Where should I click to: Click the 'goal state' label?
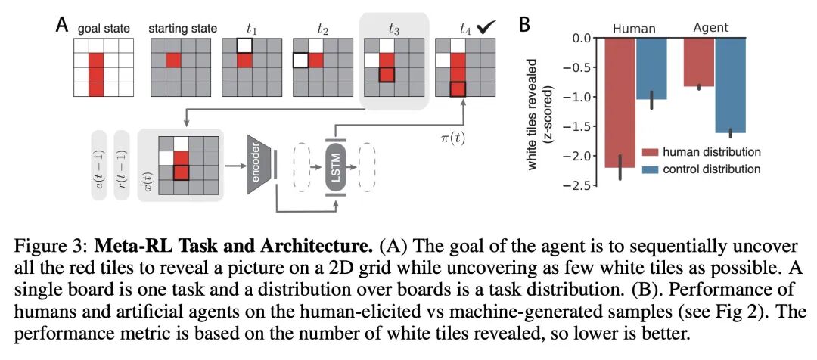point(104,29)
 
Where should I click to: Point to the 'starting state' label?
point(182,29)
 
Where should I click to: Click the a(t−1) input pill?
point(101,165)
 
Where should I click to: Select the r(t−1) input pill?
point(123,165)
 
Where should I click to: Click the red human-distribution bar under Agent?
point(699,61)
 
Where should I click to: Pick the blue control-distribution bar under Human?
point(651,68)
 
